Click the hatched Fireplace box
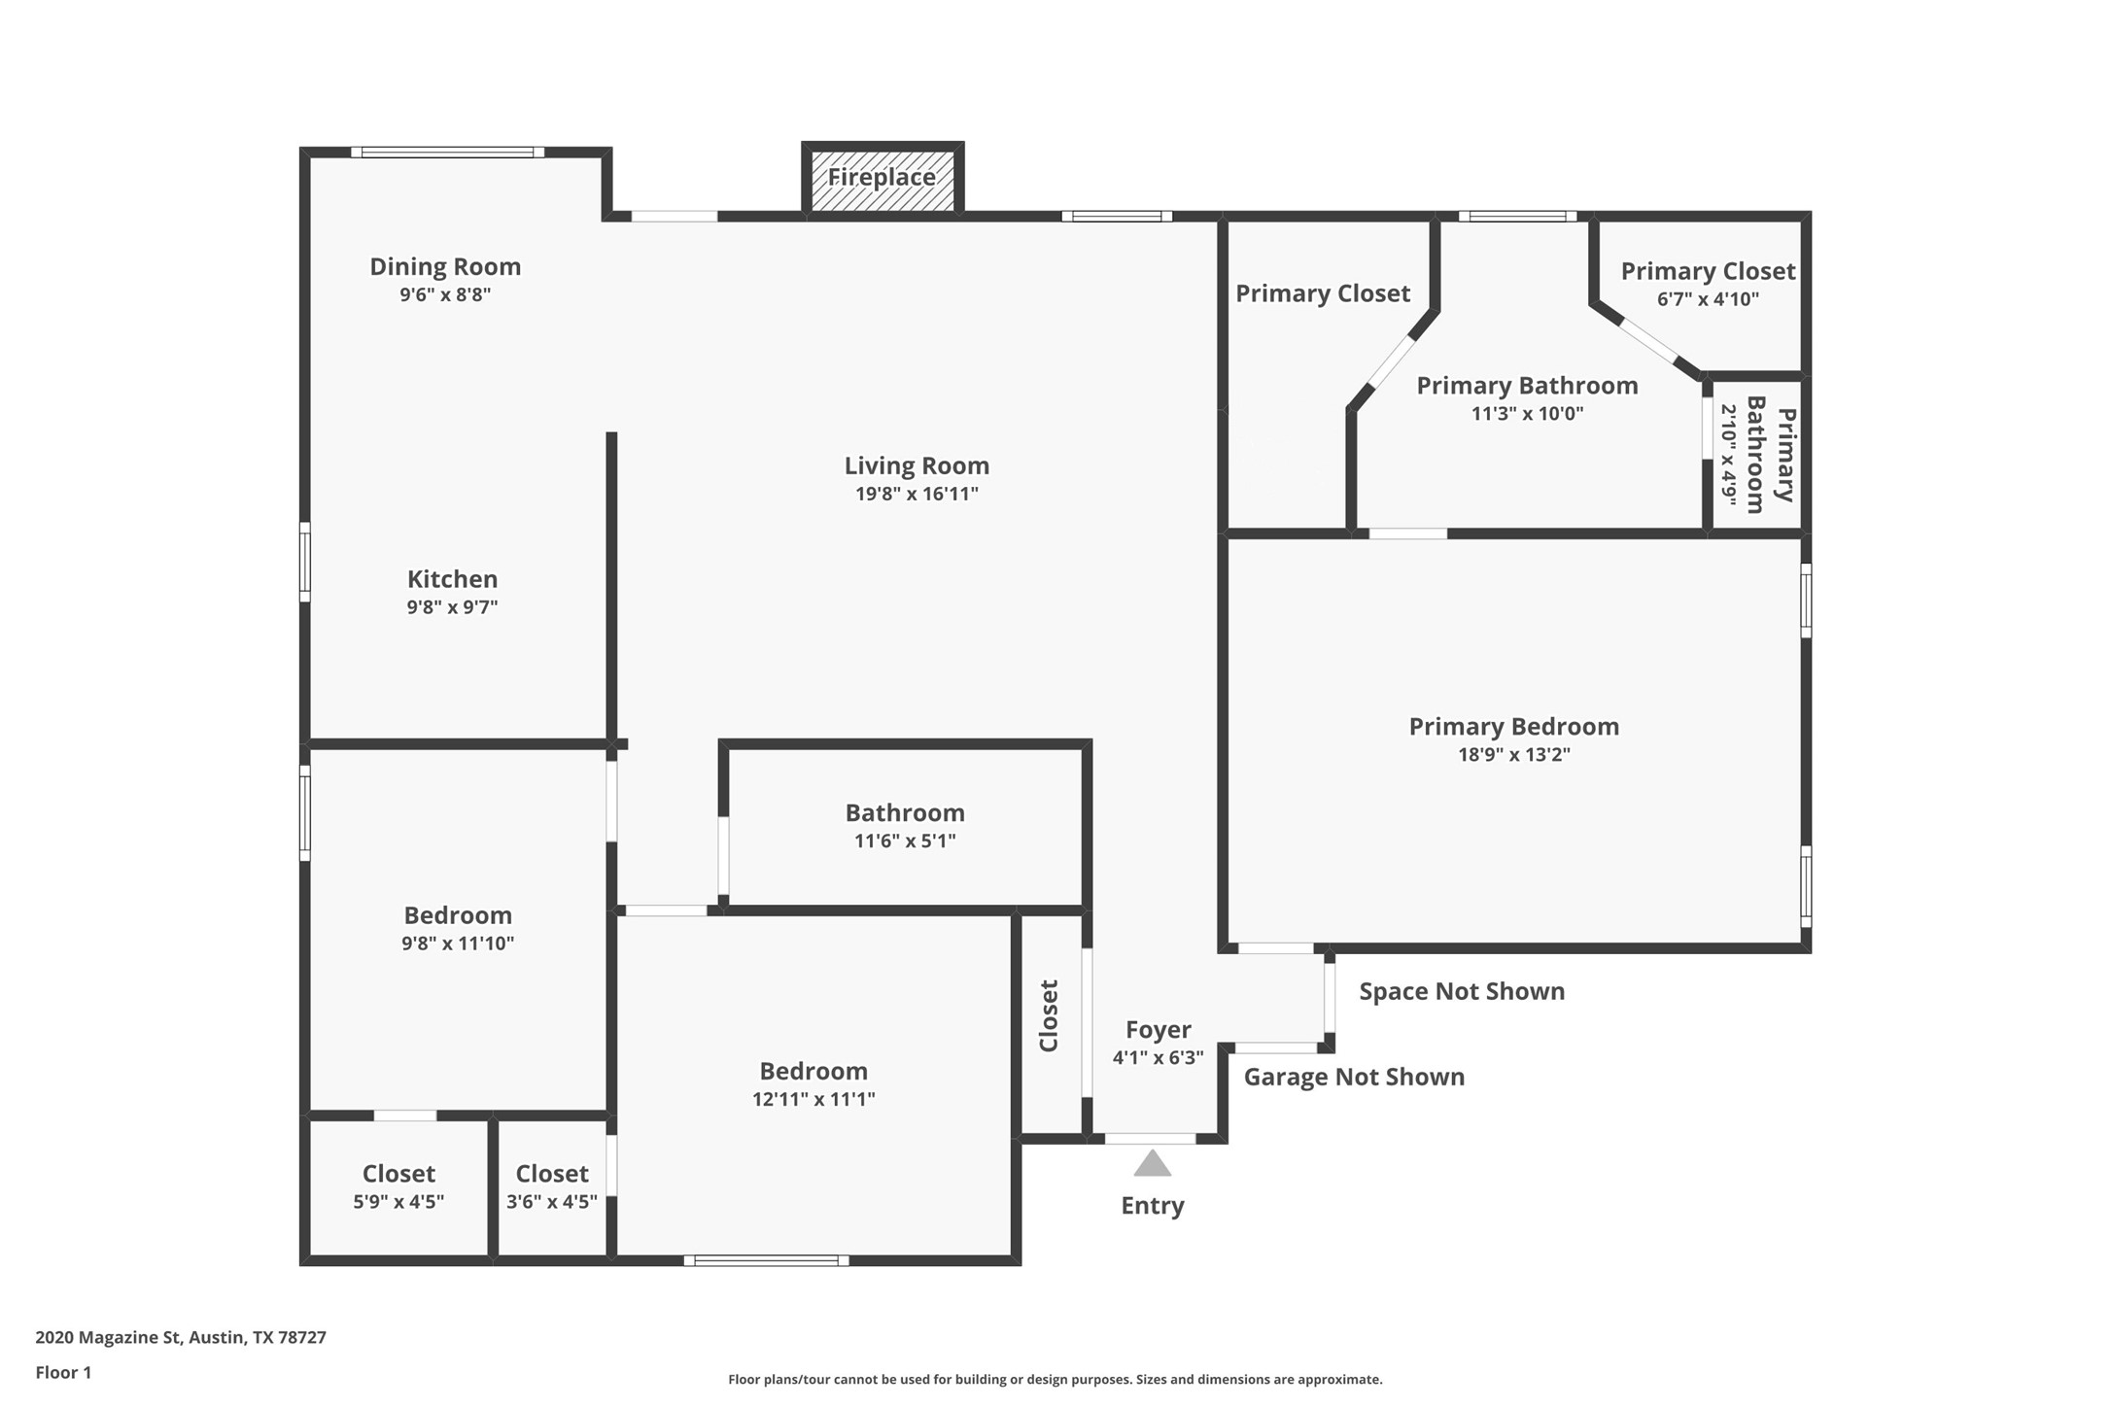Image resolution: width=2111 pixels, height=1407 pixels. (x=882, y=180)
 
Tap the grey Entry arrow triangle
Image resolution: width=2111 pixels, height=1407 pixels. (x=1152, y=1163)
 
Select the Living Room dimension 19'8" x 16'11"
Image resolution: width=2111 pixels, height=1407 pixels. (x=917, y=494)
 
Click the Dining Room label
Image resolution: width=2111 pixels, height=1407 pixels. (x=445, y=266)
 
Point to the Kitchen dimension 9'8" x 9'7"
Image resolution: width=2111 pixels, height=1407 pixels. (x=452, y=607)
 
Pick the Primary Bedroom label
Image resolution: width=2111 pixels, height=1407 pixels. (x=1513, y=727)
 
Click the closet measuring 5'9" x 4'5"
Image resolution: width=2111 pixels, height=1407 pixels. (x=398, y=1187)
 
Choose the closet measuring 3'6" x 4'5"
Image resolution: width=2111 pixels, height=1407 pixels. (x=552, y=1187)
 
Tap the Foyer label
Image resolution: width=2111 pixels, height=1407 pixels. (x=1158, y=1030)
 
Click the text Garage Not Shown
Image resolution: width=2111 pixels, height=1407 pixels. (x=1354, y=1077)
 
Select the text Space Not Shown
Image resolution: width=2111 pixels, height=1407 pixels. (x=1462, y=991)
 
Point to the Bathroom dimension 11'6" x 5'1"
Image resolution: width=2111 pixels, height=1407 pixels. (x=905, y=841)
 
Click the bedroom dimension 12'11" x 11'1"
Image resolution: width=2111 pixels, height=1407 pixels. (x=813, y=1099)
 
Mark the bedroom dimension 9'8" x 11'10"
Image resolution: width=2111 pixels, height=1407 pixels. (x=458, y=944)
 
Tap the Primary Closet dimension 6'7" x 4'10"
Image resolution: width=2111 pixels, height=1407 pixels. (x=1708, y=299)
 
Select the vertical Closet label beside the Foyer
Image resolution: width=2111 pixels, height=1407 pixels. (x=1049, y=1015)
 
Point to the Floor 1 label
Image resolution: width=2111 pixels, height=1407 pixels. (x=63, y=1373)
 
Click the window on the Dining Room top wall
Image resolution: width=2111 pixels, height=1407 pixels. (x=447, y=153)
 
